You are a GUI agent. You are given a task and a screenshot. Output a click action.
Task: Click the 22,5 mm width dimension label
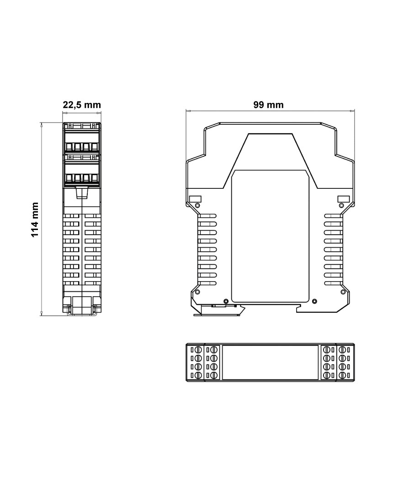[x=81, y=105]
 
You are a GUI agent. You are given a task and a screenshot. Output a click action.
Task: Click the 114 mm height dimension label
[x=34, y=219]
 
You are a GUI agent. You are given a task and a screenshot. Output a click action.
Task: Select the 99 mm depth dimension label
[x=268, y=105]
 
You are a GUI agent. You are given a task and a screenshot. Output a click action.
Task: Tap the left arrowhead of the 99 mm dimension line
[x=187, y=111]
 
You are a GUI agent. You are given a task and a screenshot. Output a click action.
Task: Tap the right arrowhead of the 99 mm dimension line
[x=352, y=111]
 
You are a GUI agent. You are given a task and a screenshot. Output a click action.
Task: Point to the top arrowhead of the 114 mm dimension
[x=42, y=124]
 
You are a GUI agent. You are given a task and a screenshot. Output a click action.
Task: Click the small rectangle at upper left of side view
[x=195, y=198]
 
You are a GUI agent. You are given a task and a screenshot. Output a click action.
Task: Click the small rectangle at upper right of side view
[x=343, y=198]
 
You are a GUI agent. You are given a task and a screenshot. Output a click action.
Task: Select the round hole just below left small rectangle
[x=197, y=206]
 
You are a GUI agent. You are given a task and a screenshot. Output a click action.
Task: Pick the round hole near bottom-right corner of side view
[x=342, y=292]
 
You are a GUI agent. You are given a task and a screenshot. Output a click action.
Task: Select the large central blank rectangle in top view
[x=270, y=362]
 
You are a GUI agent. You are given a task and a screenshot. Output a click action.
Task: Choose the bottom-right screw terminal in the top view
[x=342, y=375]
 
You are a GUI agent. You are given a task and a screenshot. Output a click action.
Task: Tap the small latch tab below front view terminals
[x=81, y=193]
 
